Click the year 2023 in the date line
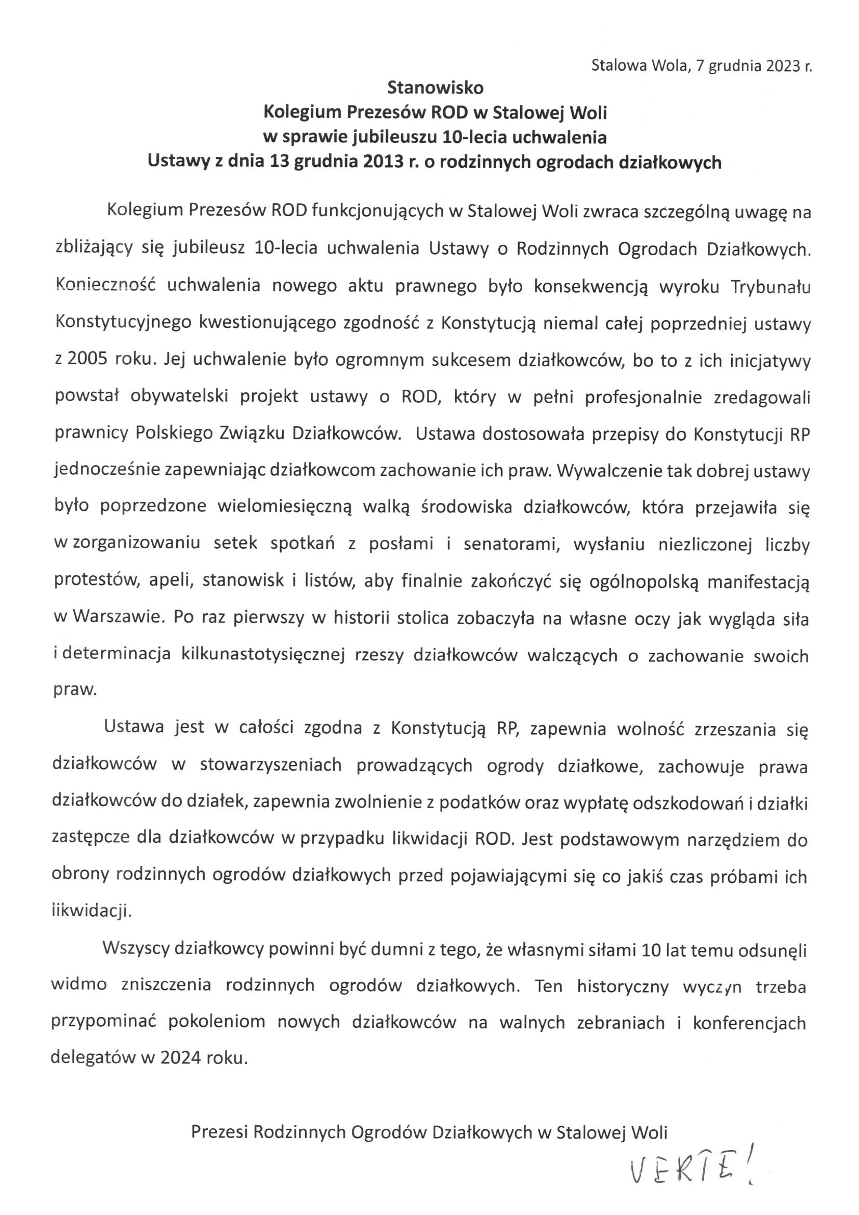pyautogui.click(x=777, y=67)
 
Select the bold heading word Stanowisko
pyautogui.click(x=435, y=88)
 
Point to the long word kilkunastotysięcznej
pyautogui.click(x=263, y=655)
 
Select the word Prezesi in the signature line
pyautogui.click(x=220, y=1132)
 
